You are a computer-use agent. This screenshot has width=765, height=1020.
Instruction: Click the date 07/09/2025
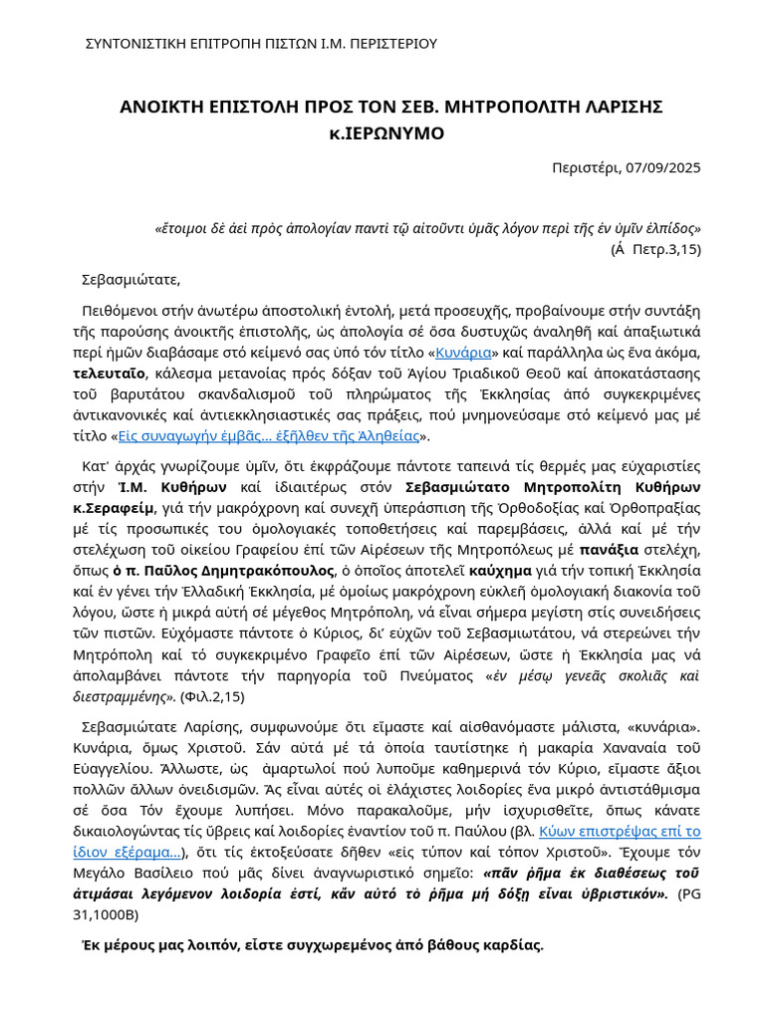point(663,167)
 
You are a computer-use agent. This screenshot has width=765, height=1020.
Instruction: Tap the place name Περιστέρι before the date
point(586,167)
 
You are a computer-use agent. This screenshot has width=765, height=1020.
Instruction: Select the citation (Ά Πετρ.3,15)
point(655,249)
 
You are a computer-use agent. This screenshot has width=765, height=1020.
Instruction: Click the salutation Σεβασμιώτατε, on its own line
point(131,279)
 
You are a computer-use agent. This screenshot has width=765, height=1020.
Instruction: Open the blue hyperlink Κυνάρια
point(463,353)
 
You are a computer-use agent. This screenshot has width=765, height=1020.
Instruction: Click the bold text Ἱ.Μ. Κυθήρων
point(172,487)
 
